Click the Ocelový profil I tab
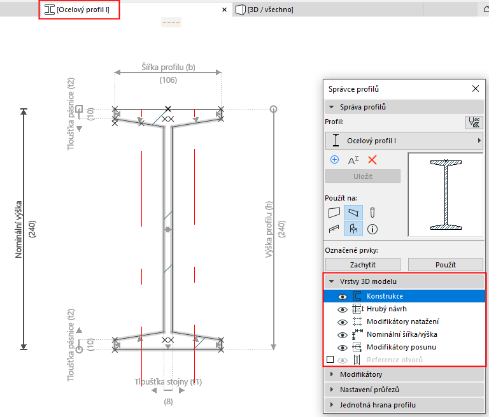[82, 10]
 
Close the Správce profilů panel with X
[474, 90]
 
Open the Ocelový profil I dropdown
[404, 141]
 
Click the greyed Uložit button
[363, 176]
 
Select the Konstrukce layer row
[385, 296]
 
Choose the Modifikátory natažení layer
[402, 322]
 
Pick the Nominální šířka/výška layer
[402, 334]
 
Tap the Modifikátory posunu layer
[401, 347]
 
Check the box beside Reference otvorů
[330, 360]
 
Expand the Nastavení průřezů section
[369, 390]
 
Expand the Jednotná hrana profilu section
[378, 404]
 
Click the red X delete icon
[372, 160]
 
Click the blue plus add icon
[334, 160]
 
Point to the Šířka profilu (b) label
[168, 67]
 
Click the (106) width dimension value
[168, 80]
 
